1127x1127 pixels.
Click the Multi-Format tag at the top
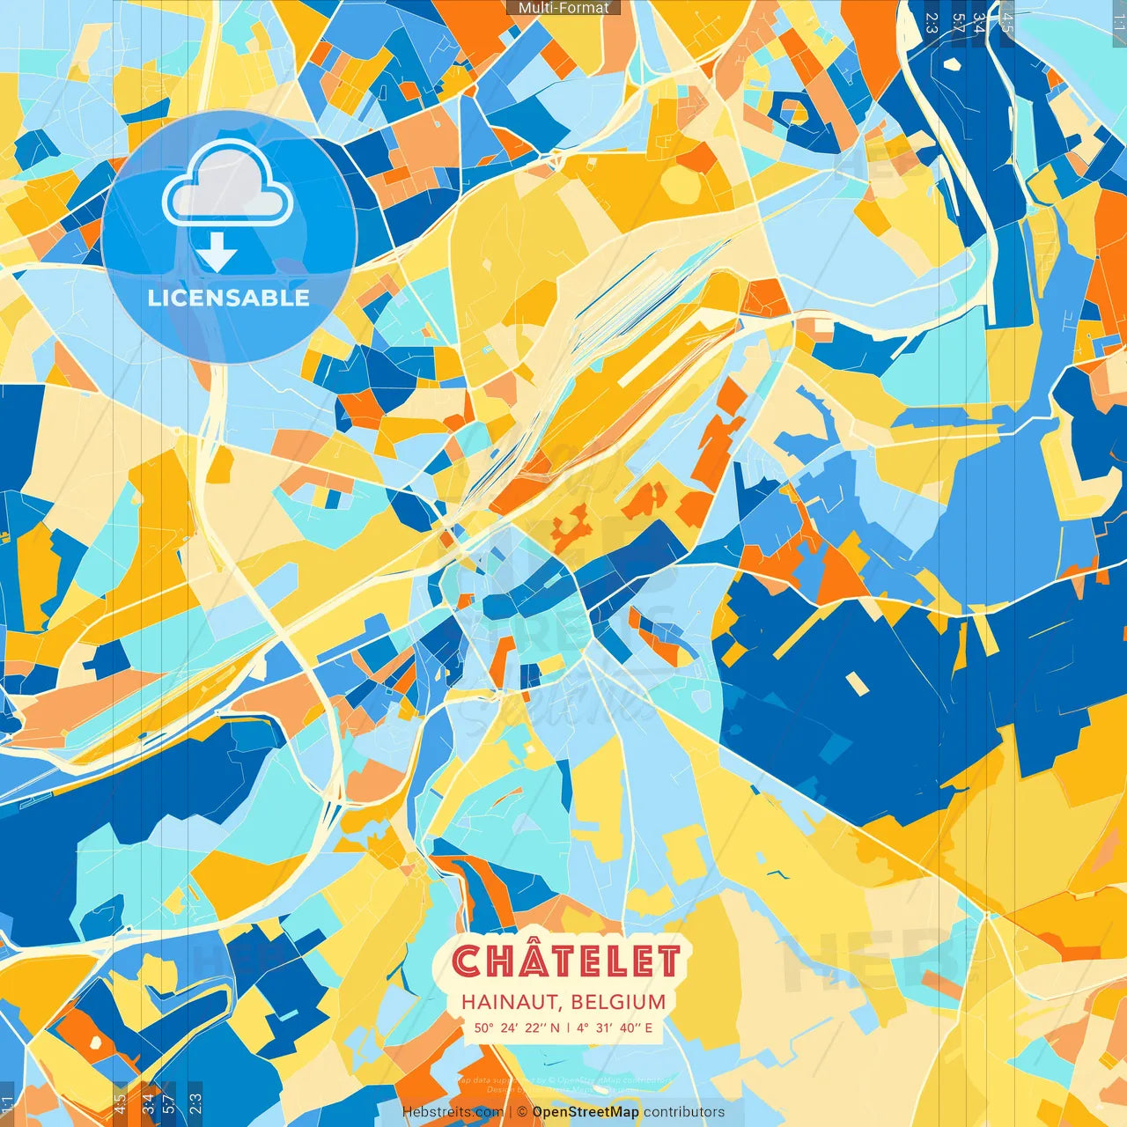[x=563, y=8]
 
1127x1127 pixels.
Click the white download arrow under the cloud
[x=217, y=253]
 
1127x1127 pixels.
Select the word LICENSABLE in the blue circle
[x=229, y=298]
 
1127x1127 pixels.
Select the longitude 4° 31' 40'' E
[x=615, y=1028]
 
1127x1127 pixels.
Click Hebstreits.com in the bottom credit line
[x=453, y=1112]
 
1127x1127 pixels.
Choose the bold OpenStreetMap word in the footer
[x=586, y=1112]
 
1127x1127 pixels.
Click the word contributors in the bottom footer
[x=684, y=1112]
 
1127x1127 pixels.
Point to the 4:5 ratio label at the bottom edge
[x=120, y=1104]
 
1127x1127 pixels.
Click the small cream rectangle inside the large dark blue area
[x=856, y=683]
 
